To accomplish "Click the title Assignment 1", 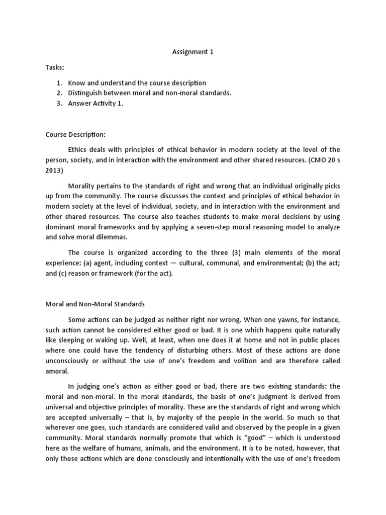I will [192, 52].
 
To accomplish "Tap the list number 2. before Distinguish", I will [59, 93].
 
